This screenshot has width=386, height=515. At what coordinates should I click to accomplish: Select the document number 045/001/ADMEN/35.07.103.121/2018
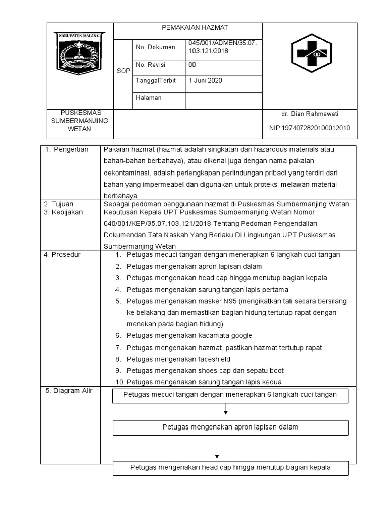click(222, 47)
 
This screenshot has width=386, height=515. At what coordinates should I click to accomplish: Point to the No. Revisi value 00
click(192, 65)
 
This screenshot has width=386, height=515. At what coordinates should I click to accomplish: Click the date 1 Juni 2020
click(205, 81)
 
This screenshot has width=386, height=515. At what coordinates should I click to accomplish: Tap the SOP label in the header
click(123, 71)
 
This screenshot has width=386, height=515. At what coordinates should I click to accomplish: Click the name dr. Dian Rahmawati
click(310, 114)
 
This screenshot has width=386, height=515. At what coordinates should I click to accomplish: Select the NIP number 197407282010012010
click(310, 128)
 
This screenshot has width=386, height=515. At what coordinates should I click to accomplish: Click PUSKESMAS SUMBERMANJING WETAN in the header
click(79, 121)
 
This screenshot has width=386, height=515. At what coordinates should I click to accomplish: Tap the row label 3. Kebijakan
click(63, 212)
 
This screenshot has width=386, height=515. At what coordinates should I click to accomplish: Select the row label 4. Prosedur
click(62, 255)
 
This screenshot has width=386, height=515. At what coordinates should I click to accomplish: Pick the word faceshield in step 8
click(213, 360)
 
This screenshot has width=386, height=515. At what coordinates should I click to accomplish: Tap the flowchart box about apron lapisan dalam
click(230, 427)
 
